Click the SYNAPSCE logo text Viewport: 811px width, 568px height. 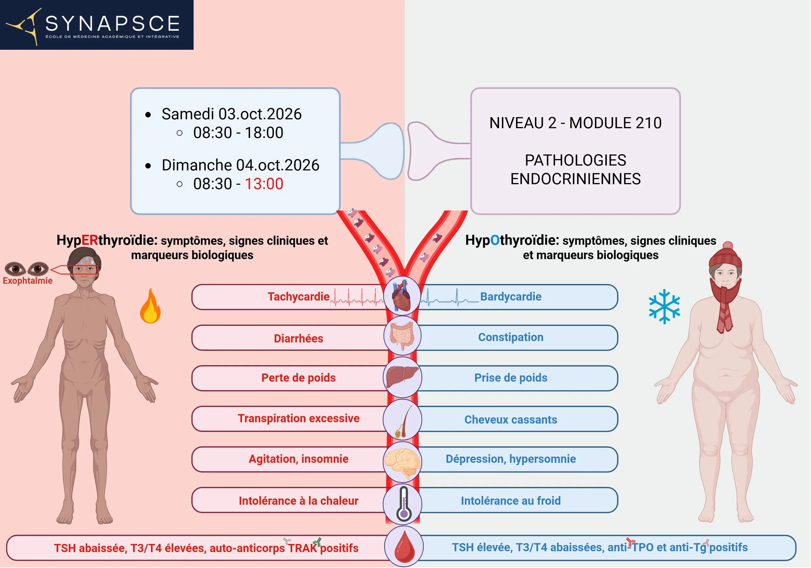[112, 24]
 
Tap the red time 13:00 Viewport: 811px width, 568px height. [264, 184]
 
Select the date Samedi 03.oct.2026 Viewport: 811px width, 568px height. [231, 114]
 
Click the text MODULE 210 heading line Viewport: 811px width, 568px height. [575, 123]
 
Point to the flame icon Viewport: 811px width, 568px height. [150, 307]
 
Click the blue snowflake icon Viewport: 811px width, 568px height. [664, 306]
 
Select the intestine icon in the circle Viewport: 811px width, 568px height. [402, 336]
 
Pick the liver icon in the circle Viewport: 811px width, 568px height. [402, 377]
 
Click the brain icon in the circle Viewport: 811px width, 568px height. [402, 462]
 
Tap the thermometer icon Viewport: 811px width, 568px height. [403, 504]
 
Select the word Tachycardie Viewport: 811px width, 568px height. [298, 297]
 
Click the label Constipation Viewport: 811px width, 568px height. [510, 337]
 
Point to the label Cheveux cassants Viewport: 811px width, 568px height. [510, 420]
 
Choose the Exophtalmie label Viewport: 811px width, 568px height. [28, 281]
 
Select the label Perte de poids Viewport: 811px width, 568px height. [298, 378]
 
